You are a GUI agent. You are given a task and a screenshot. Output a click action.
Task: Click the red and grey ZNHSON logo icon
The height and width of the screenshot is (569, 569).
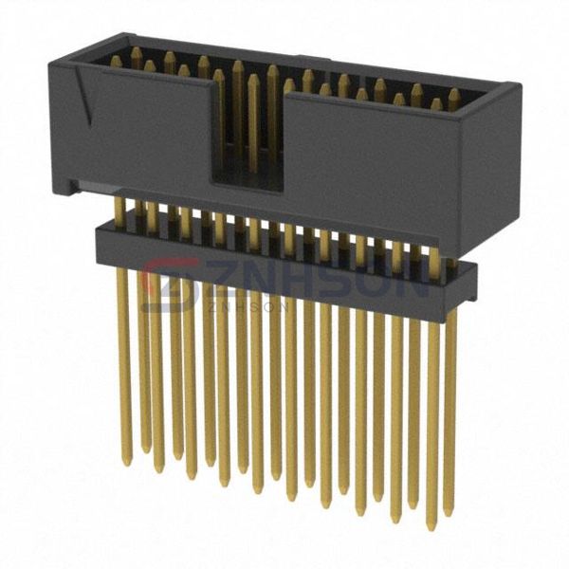[171, 282]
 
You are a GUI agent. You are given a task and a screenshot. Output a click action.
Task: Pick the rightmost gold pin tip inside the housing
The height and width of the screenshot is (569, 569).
[453, 95]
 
